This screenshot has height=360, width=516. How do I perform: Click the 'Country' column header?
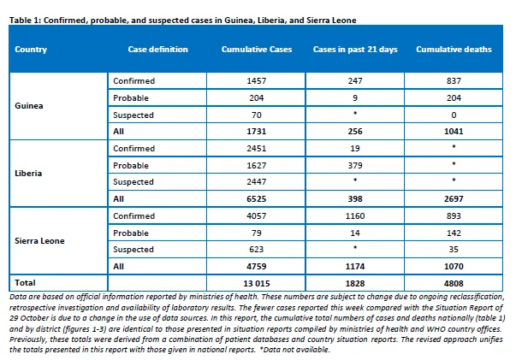tap(31, 50)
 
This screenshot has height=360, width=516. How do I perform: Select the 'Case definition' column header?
tap(158, 50)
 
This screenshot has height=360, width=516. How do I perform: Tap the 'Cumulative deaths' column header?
tap(454, 50)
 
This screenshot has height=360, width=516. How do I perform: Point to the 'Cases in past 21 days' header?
tap(355, 50)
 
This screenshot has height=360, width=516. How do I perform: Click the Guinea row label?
tap(29, 106)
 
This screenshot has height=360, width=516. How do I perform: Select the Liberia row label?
tap(28, 174)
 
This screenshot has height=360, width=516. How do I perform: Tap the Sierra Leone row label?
tap(39, 240)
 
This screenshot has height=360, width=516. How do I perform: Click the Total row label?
tap(25, 283)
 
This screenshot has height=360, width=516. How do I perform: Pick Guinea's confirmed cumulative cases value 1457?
tap(257, 81)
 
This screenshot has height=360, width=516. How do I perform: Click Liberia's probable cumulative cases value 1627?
tap(257, 165)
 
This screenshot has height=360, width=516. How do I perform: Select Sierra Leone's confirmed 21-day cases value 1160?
tap(355, 216)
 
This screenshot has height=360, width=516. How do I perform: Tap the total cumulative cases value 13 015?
tap(257, 283)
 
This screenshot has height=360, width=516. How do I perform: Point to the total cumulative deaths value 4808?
tap(454, 283)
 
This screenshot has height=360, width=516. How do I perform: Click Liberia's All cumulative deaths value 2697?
tap(454, 199)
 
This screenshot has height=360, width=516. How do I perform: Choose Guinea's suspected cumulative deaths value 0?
tap(454, 115)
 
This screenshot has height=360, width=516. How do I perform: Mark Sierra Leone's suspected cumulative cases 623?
tap(257, 249)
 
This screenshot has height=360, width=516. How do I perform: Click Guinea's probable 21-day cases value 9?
tap(355, 98)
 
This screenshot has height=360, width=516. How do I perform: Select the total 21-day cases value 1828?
tap(355, 283)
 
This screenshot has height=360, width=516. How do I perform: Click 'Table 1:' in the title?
tap(26, 21)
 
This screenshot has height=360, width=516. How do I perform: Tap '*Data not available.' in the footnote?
tap(294, 350)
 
